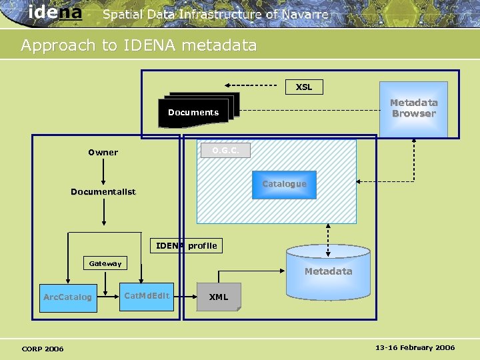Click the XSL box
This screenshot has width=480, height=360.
coord(304,87)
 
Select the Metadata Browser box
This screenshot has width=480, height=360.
coord(413,109)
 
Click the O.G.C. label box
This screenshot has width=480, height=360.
coord(225,151)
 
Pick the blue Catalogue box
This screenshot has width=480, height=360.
coord(284,184)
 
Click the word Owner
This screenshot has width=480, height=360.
coord(103,152)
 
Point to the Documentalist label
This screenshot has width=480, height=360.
coord(103,192)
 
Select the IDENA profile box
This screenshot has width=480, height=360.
coord(186,245)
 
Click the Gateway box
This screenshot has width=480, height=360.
coord(105,264)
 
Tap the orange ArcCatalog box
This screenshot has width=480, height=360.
coord(67,297)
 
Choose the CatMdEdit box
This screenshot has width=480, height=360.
coord(147,296)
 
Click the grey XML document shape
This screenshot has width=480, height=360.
coord(219,297)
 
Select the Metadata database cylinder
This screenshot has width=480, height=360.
coord(328,272)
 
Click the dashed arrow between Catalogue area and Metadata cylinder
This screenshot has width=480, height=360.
coord(328,234)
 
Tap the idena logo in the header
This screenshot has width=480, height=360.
coord(55,13)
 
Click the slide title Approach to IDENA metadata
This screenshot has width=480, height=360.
coord(139,45)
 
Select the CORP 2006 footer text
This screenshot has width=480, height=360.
coord(43,349)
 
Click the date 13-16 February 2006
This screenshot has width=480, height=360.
coord(415,348)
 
